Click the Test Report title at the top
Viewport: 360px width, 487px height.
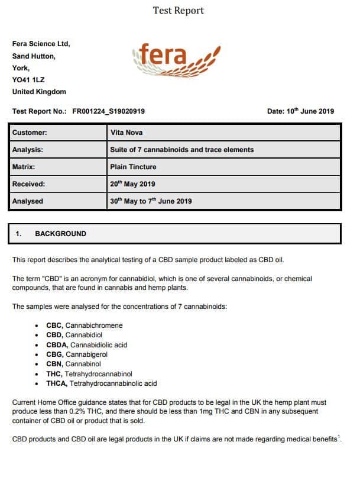pos(178,11)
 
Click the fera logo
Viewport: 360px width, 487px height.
pos(176,60)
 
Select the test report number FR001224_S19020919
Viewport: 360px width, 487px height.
pos(108,111)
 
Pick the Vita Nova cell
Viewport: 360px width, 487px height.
pos(127,133)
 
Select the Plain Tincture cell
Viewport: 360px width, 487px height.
pos(132,167)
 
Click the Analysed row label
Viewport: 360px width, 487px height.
pos(28,201)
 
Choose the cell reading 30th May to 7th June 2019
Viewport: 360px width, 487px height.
pos(151,201)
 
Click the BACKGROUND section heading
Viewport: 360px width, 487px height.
pos(60,234)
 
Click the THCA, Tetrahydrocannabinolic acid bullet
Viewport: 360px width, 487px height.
pos(101,383)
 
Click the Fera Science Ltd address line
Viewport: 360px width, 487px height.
pos(41,44)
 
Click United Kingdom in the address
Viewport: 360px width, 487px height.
pos(39,92)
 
